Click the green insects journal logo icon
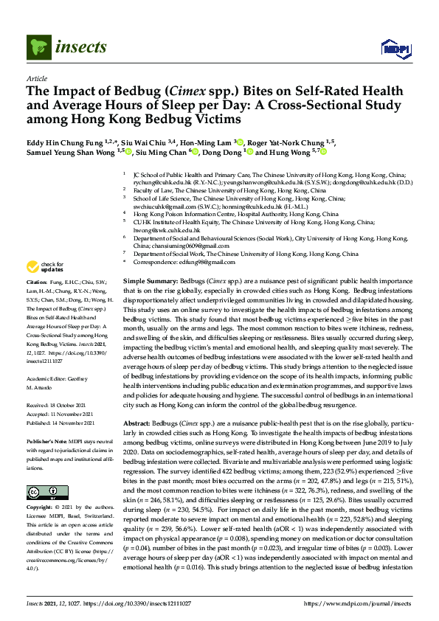(38, 48)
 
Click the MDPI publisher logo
(396, 49)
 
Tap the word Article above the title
(37, 77)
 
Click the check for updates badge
(46, 266)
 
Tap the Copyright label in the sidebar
(39, 488)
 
